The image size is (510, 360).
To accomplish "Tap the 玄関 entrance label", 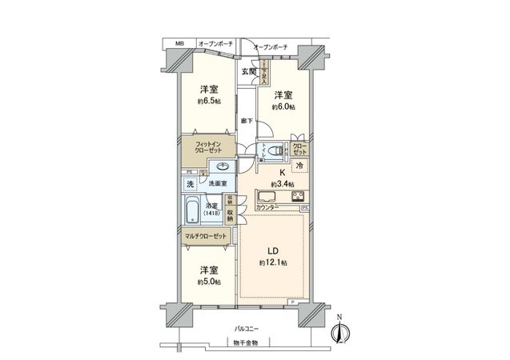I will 248,71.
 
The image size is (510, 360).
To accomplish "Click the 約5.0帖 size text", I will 211,282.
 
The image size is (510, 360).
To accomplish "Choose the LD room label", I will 271,248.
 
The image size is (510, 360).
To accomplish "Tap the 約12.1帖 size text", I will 271,262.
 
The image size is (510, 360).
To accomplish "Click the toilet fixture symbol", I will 275,150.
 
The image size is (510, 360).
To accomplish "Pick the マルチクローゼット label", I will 207,238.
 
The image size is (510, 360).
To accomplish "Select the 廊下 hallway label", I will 247,121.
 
